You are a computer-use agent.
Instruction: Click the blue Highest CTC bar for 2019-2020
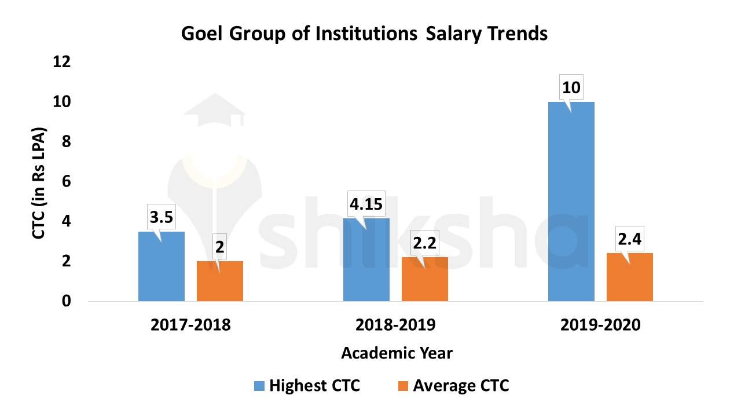pyautogui.click(x=571, y=203)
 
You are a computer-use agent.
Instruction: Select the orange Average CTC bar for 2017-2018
pyautogui.click(x=219, y=281)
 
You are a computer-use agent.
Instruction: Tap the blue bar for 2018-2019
pyautogui.click(x=366, y=261)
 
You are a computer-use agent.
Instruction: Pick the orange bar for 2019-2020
pyautogui.click(x=629, y=278)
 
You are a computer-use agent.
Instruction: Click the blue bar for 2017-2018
pyautogui.click(x=162, y=266)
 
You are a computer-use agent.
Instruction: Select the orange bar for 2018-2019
pyautogui.click(x=424, y=280)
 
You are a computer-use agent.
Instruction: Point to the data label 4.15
pyautogui.click(x=366, y=204)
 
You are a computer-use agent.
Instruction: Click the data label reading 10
pyautogui.click(x=571, y=88)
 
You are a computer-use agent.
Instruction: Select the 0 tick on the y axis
pyautogui.click(x=66, y=301)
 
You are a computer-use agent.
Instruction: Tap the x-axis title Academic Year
pyautogui.click(x=397, y=353)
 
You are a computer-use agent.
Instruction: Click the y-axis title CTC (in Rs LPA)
pyautogui.click(x=38, y=181)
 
